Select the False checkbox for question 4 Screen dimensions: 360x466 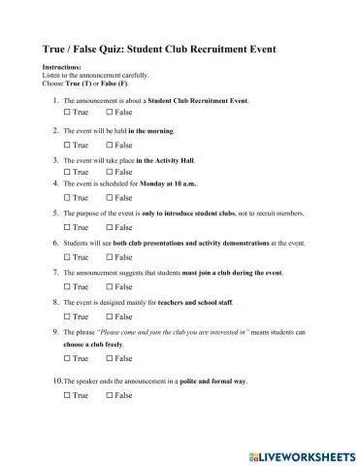(x=109, y=197)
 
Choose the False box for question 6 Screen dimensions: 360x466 (x=109, y=256)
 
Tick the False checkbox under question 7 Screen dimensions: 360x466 (x=109, y=286)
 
